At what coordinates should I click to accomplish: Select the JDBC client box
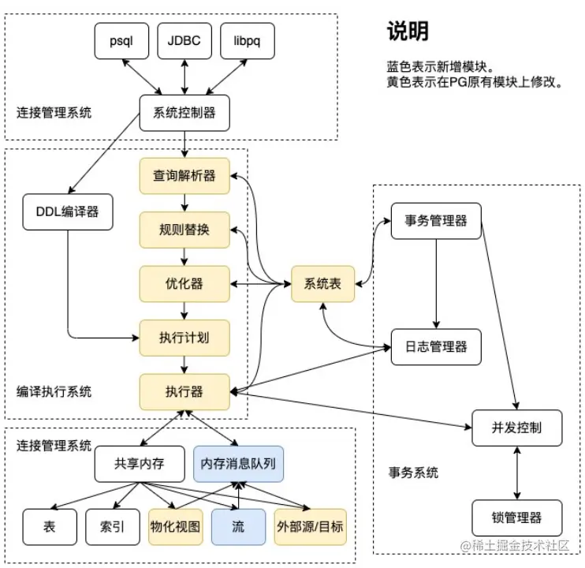184,42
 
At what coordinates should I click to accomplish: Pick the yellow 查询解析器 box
184,175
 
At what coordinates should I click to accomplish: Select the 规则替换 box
184,230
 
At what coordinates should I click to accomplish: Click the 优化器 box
184,283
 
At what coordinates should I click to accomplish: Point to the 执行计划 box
184,338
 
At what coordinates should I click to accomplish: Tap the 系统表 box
322,283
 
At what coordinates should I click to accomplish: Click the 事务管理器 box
435,219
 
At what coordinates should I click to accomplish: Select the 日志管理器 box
435,346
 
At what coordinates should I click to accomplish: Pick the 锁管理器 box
516,518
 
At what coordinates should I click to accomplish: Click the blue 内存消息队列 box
237,464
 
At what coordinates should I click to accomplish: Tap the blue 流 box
237,525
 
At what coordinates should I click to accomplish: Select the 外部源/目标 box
310,525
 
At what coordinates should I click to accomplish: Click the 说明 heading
407,31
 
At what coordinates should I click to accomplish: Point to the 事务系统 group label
413,473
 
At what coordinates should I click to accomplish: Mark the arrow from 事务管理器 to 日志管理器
435,282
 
